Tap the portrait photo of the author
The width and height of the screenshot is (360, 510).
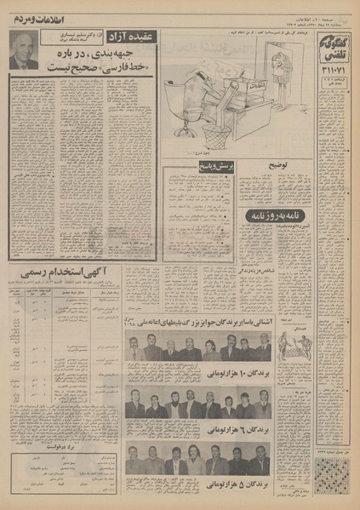[x=23, y=51]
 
